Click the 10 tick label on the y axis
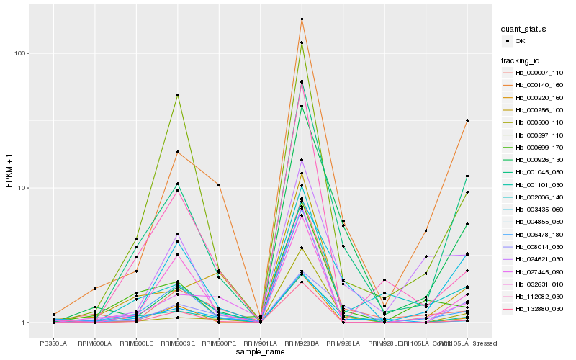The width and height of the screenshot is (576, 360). tap(23, 188)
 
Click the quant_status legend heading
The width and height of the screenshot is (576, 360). tap(524, 29)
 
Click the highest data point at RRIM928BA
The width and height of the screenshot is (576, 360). tap(302, 19)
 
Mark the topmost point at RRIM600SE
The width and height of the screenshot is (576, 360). tap(177, 95)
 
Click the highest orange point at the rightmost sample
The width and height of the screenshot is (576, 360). tap(467, 120)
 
